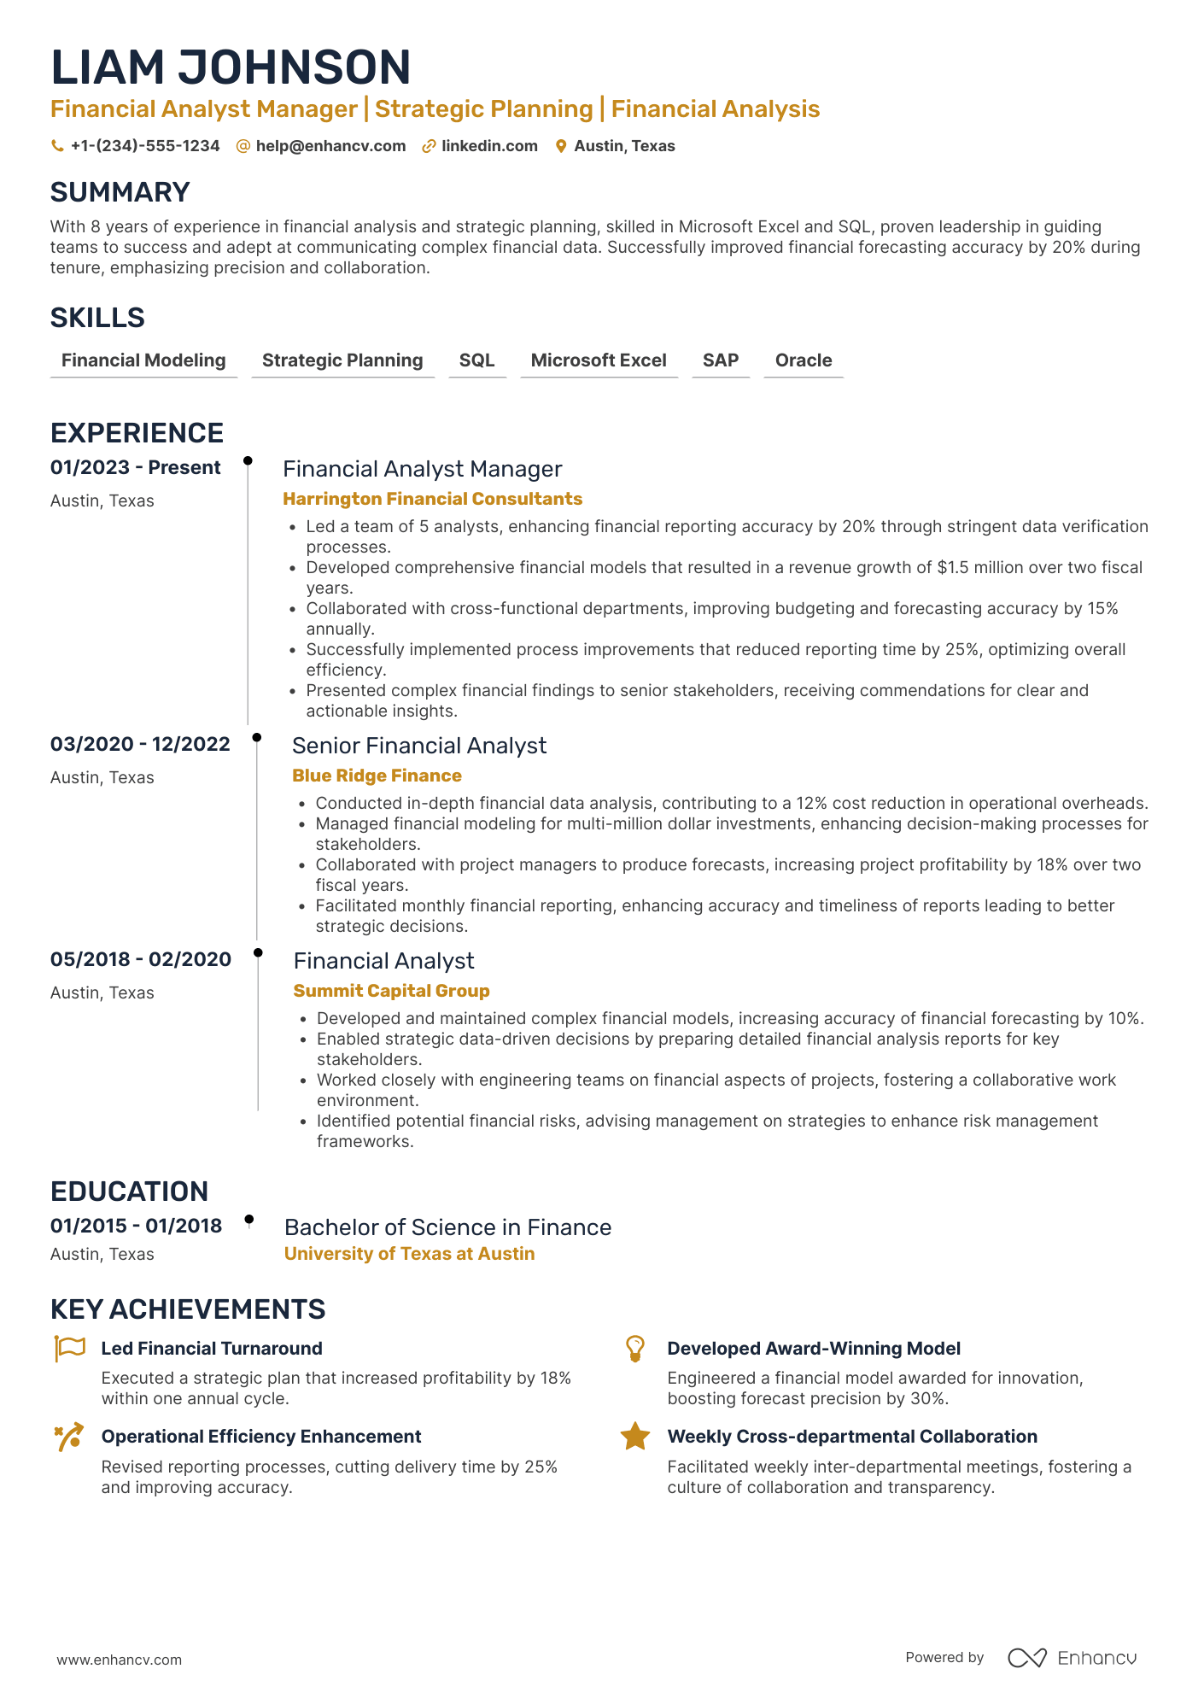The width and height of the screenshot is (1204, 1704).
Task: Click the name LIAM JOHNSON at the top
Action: (x=231, y=67)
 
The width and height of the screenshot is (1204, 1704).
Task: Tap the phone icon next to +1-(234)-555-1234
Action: (x=57, y=146)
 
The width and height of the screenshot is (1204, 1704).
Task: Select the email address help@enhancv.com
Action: (x=330, y=146)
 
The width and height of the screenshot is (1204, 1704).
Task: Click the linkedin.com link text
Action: (x=489, y=146)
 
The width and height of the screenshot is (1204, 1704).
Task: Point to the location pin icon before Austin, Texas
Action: (x=561, y=146)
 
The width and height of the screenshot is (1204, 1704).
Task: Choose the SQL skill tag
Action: (x=476, y=360)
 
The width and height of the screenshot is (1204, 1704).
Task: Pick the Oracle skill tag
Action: (x=803, y=360)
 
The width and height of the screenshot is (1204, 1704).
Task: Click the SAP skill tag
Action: (x=720, y=360)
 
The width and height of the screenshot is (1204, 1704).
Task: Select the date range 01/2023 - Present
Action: (x=135, y=467)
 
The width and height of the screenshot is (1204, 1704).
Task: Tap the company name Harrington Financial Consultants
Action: (x=432, y=499)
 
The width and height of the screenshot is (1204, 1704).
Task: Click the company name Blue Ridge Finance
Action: (x=377, y=776)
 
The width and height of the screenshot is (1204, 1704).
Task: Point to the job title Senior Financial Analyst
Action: (x=418, y=746)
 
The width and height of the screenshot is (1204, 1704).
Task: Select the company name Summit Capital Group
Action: (x=391, y=991)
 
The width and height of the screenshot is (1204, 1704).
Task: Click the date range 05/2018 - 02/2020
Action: (x=140, y=959)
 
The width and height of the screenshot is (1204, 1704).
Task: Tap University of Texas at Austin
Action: (x=409, y=1254)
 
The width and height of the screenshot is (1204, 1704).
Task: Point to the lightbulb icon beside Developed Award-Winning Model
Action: (x=634, y=1349)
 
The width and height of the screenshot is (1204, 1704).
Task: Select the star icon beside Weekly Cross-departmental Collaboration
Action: (x=634, y=1437)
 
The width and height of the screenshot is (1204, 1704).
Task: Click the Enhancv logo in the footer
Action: (x=1072, y=1658)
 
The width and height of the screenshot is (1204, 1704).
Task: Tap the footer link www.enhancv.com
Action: (x=120, y=1660)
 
